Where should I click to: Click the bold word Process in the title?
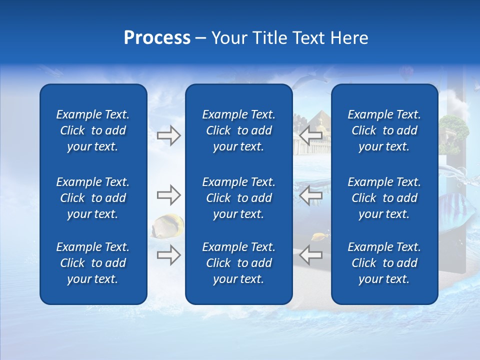(157, 38)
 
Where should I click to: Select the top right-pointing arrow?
(169, 135)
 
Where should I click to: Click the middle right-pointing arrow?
(169, 195)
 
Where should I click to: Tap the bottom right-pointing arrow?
(169, 255)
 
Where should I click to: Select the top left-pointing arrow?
(310, 135)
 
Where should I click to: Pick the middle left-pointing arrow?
(310, 195)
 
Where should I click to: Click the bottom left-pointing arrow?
(310, 255)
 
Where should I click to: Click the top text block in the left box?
(93, 130)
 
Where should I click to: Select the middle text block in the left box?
(93, 198)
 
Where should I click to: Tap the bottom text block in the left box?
(93, 263)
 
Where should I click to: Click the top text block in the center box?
(238, 130)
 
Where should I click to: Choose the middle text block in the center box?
(238, 198)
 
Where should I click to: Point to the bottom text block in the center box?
(238, 263)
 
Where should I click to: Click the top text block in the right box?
(384, 130)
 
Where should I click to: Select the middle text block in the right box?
(384, 198)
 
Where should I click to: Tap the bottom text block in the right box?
(384, 263)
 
